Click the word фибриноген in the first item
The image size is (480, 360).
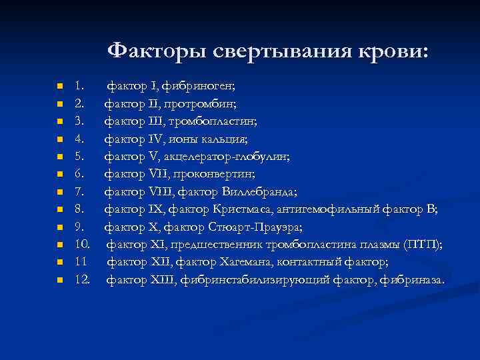pos(202,86)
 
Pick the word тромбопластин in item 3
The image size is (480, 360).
pos(215,121)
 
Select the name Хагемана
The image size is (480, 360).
pos(234,262)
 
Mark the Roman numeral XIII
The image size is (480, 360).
pos(157,279)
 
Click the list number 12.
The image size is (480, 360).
pos(82,279)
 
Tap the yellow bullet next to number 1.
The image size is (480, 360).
pos(60,87)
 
